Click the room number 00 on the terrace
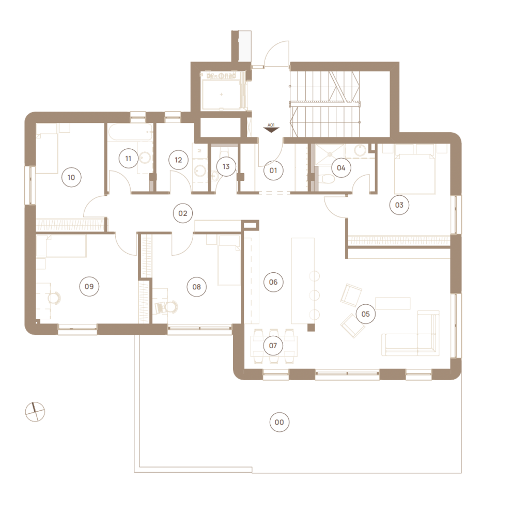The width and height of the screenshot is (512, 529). click(x=280, y=422)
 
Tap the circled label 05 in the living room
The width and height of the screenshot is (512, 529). click(x=365, y=314)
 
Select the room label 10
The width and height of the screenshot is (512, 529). click(x=71, y=177)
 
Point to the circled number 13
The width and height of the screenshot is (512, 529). click(x=226, y=166)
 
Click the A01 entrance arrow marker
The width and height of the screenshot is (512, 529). click(x=271, y=128)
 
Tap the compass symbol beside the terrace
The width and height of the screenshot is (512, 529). click(x=35, y=412)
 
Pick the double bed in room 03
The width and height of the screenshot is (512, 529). click(x=415, y=169)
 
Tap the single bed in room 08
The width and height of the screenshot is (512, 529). click(x=229, y=260)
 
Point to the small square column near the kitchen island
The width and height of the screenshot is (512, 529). click(x=311, y=327)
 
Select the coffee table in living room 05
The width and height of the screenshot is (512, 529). click(x=393, y=303)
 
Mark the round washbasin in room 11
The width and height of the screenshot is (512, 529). click(x=146, y=158)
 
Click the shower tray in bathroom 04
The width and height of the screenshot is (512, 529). click(x=330, y=154)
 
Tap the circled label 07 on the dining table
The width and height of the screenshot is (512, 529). click(x=273, y=346)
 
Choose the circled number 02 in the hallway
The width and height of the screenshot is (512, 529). click(x=182, y=213)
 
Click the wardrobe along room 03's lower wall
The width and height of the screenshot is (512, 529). click(x=399, y=241)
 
